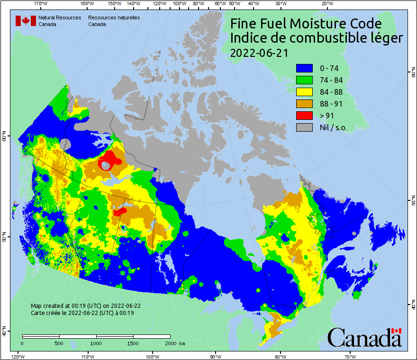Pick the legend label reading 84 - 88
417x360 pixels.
[x=331, y=92]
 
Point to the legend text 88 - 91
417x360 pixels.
[x=331, y=104]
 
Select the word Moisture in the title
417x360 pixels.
[x=317, y=24]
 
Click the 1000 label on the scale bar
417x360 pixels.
[x=96, y=343]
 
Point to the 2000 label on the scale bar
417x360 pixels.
[x=170, y=343]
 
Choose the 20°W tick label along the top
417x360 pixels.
[x=326, y=4]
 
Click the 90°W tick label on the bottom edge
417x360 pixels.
[x=215, y=356]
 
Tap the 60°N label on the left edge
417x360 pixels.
[x=4, y=137]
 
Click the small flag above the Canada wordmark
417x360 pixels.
[x=397, y=331]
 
